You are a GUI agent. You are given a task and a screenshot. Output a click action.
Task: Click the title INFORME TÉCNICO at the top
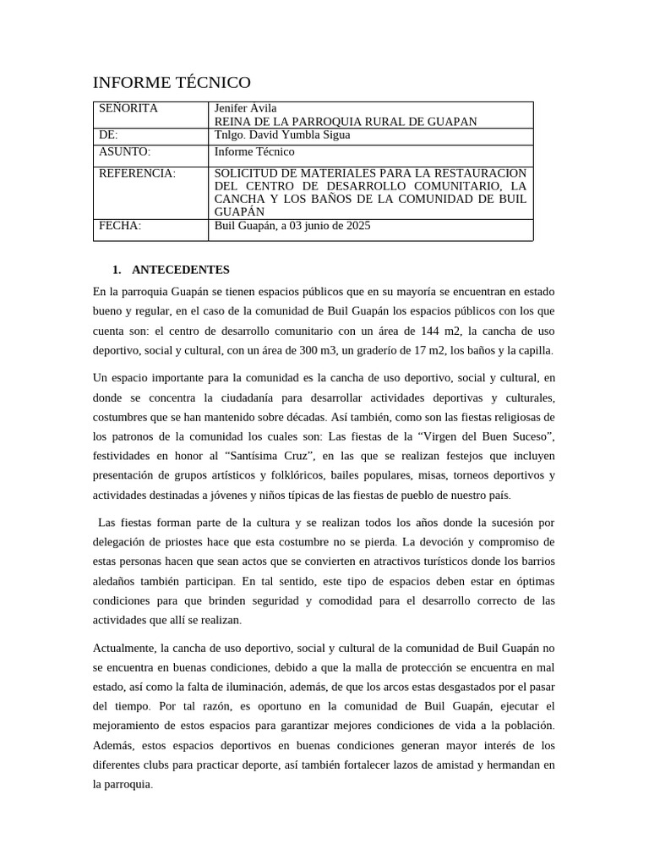(172, 82)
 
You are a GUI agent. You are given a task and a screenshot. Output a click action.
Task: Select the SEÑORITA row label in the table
(128, 108)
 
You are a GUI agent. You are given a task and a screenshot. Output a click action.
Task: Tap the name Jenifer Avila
(246, 108)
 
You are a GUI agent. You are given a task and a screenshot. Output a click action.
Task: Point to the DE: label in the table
(109, 134)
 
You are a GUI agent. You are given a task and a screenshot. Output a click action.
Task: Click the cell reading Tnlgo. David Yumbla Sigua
(282, 134)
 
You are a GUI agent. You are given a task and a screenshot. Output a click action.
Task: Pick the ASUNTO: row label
(124, 151)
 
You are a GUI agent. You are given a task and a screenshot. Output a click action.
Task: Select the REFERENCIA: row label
(138, 173)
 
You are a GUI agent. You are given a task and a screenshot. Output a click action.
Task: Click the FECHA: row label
(120, 226)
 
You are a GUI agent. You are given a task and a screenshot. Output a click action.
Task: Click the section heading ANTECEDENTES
(181, 270)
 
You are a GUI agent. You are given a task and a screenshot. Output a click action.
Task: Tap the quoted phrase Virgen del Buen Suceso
(482, 436)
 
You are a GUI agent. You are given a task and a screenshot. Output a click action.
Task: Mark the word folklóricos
(295, 474)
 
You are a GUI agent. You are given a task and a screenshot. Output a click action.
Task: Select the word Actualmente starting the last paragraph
(124, 648)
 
